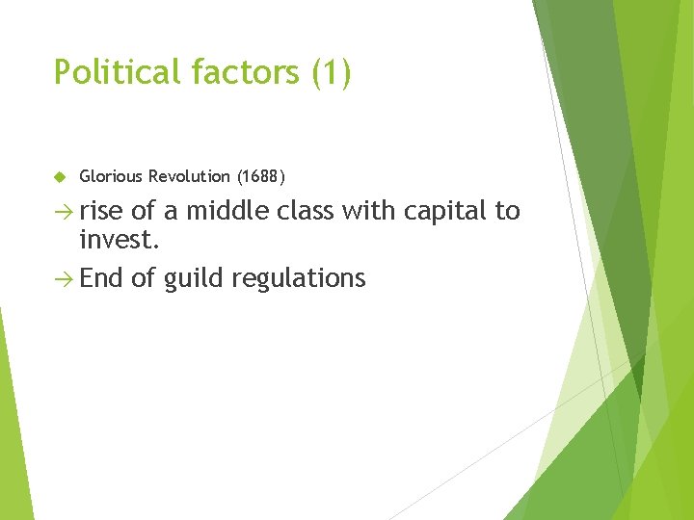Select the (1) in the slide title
point(332,72)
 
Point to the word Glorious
point(112,176)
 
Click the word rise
point(102,211)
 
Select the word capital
point(441,211)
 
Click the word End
point(102,279)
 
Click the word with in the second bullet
point(367,211)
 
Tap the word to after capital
point(508,211)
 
